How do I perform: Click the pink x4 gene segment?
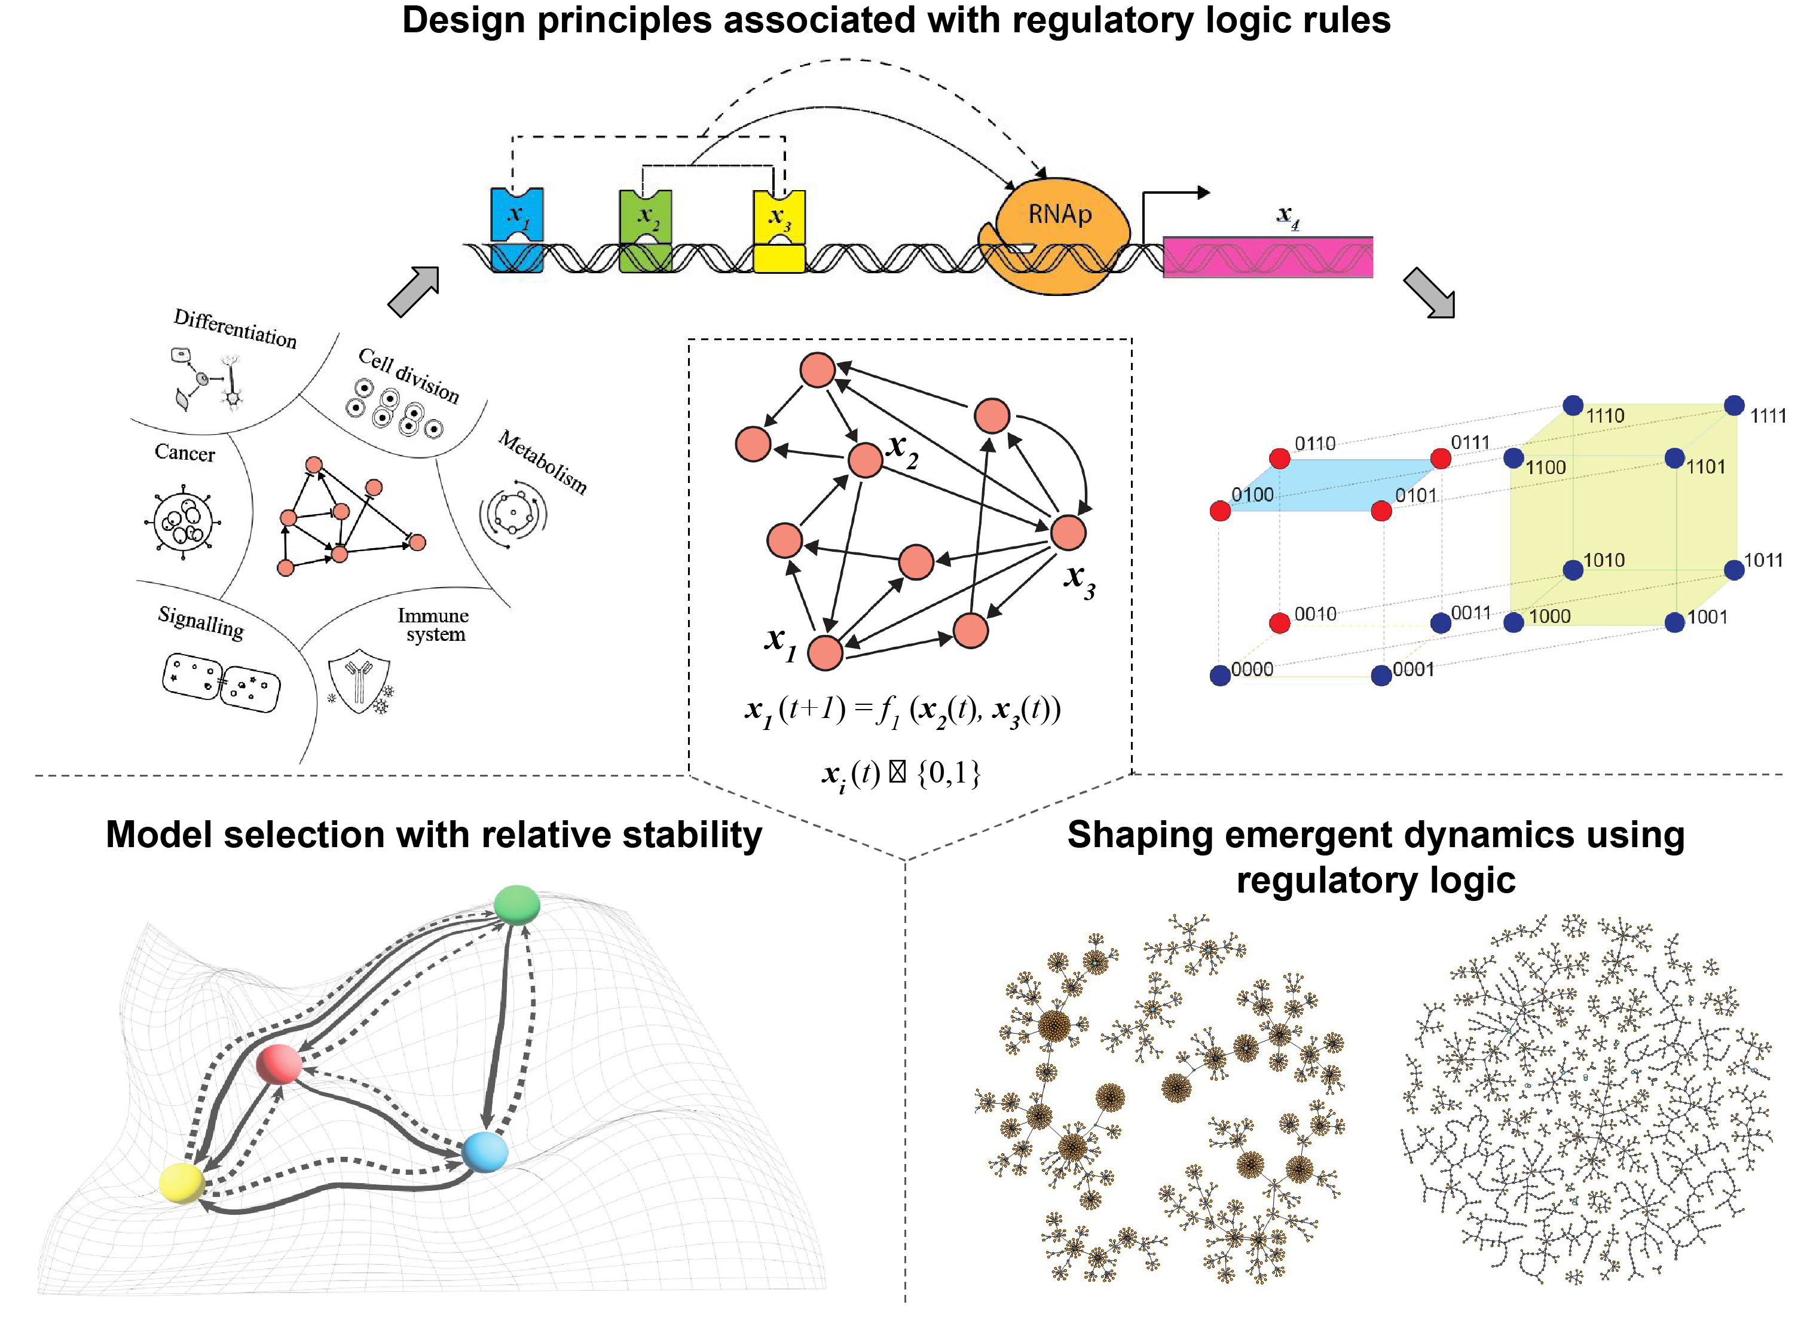[1268, 257]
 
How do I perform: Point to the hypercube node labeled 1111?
[1734, 405]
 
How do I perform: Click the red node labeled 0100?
[1219, 511]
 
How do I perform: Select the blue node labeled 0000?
[1219, 675]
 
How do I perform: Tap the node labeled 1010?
[1573, 570]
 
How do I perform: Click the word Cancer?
[185, 454]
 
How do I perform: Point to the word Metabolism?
[542, 462]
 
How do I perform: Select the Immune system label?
[434, 625]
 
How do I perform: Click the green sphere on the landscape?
[516, 905]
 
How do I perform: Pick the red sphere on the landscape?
[279, 1064]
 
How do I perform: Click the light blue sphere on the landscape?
[485, 1152]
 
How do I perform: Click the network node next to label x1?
[825, 653]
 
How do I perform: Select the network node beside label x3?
[1068, 532]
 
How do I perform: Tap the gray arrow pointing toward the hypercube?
[1429, 293]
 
